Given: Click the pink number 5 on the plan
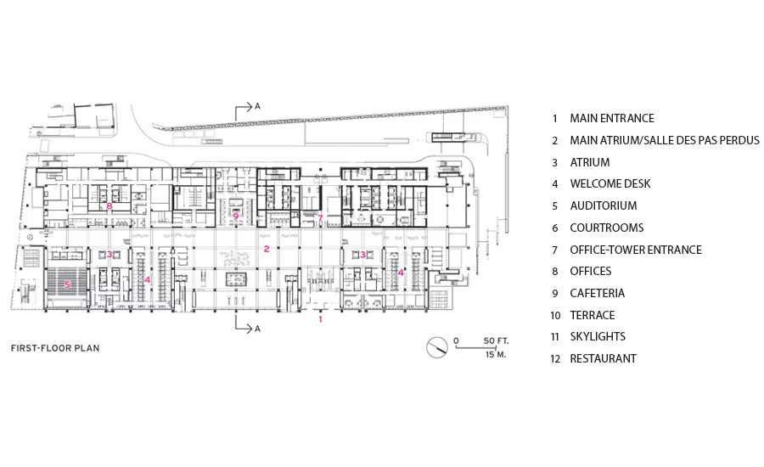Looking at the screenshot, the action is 67,284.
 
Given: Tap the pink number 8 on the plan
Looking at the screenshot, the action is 110,206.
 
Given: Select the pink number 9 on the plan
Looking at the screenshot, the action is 236,216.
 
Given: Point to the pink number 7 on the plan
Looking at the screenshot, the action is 320,218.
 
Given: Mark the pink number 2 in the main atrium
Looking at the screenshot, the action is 267,249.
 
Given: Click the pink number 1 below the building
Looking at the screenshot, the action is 320,319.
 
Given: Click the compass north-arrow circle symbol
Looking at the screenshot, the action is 437,347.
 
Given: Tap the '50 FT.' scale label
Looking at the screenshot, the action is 496,340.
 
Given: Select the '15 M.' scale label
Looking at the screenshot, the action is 496,354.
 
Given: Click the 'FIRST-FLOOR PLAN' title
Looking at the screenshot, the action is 55,348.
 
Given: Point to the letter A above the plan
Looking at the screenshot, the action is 257,106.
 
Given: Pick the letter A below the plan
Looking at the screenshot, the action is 257,329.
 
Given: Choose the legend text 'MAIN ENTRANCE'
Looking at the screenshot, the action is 612,119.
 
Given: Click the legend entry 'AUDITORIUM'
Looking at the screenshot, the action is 604,205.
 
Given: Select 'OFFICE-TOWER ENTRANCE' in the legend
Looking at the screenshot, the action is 636,250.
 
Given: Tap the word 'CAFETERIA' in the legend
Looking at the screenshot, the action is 598,294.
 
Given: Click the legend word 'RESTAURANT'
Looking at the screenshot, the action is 604,359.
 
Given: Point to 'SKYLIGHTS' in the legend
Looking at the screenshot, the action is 598,337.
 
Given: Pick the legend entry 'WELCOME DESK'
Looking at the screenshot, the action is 610,183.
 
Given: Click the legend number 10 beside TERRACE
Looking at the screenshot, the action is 555,316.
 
